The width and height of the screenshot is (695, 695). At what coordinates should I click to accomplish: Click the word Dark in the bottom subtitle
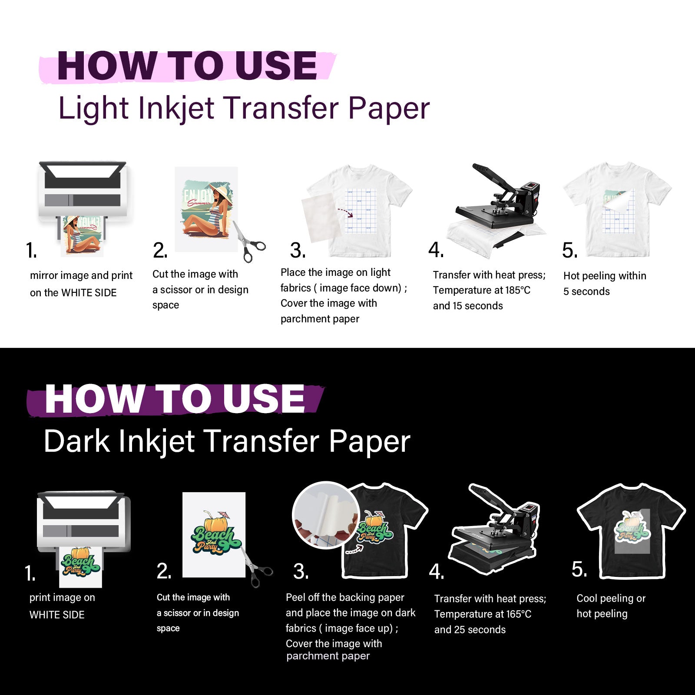coord(77,441)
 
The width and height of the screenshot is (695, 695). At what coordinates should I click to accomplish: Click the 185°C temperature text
coord(517,290)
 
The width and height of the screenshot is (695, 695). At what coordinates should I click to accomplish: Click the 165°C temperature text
coord(518,614)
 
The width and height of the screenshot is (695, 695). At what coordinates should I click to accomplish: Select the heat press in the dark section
coord(495,530)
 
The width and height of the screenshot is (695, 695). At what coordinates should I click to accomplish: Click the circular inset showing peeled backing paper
coord(325,515)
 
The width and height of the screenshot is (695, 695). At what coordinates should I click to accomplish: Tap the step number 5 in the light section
coord(569,251)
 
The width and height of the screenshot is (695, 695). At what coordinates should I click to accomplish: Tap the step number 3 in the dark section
coord(301,572)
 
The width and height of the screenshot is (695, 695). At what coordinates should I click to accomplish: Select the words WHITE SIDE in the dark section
coord(57,615)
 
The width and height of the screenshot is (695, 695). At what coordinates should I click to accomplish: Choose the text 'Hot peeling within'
coord(605,276)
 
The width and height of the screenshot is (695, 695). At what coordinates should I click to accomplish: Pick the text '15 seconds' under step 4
coord(477,306)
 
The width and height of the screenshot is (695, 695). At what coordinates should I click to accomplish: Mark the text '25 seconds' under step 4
coord(480,630)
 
